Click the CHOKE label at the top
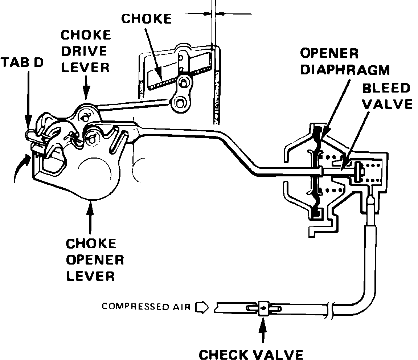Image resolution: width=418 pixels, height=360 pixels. (146, 19)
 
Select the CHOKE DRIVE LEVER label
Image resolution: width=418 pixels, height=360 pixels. (86, 51)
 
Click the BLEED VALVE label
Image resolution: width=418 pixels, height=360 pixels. (387, 96)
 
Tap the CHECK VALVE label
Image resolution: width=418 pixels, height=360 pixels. (251, 354)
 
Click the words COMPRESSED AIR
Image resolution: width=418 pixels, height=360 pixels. (146, 307)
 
